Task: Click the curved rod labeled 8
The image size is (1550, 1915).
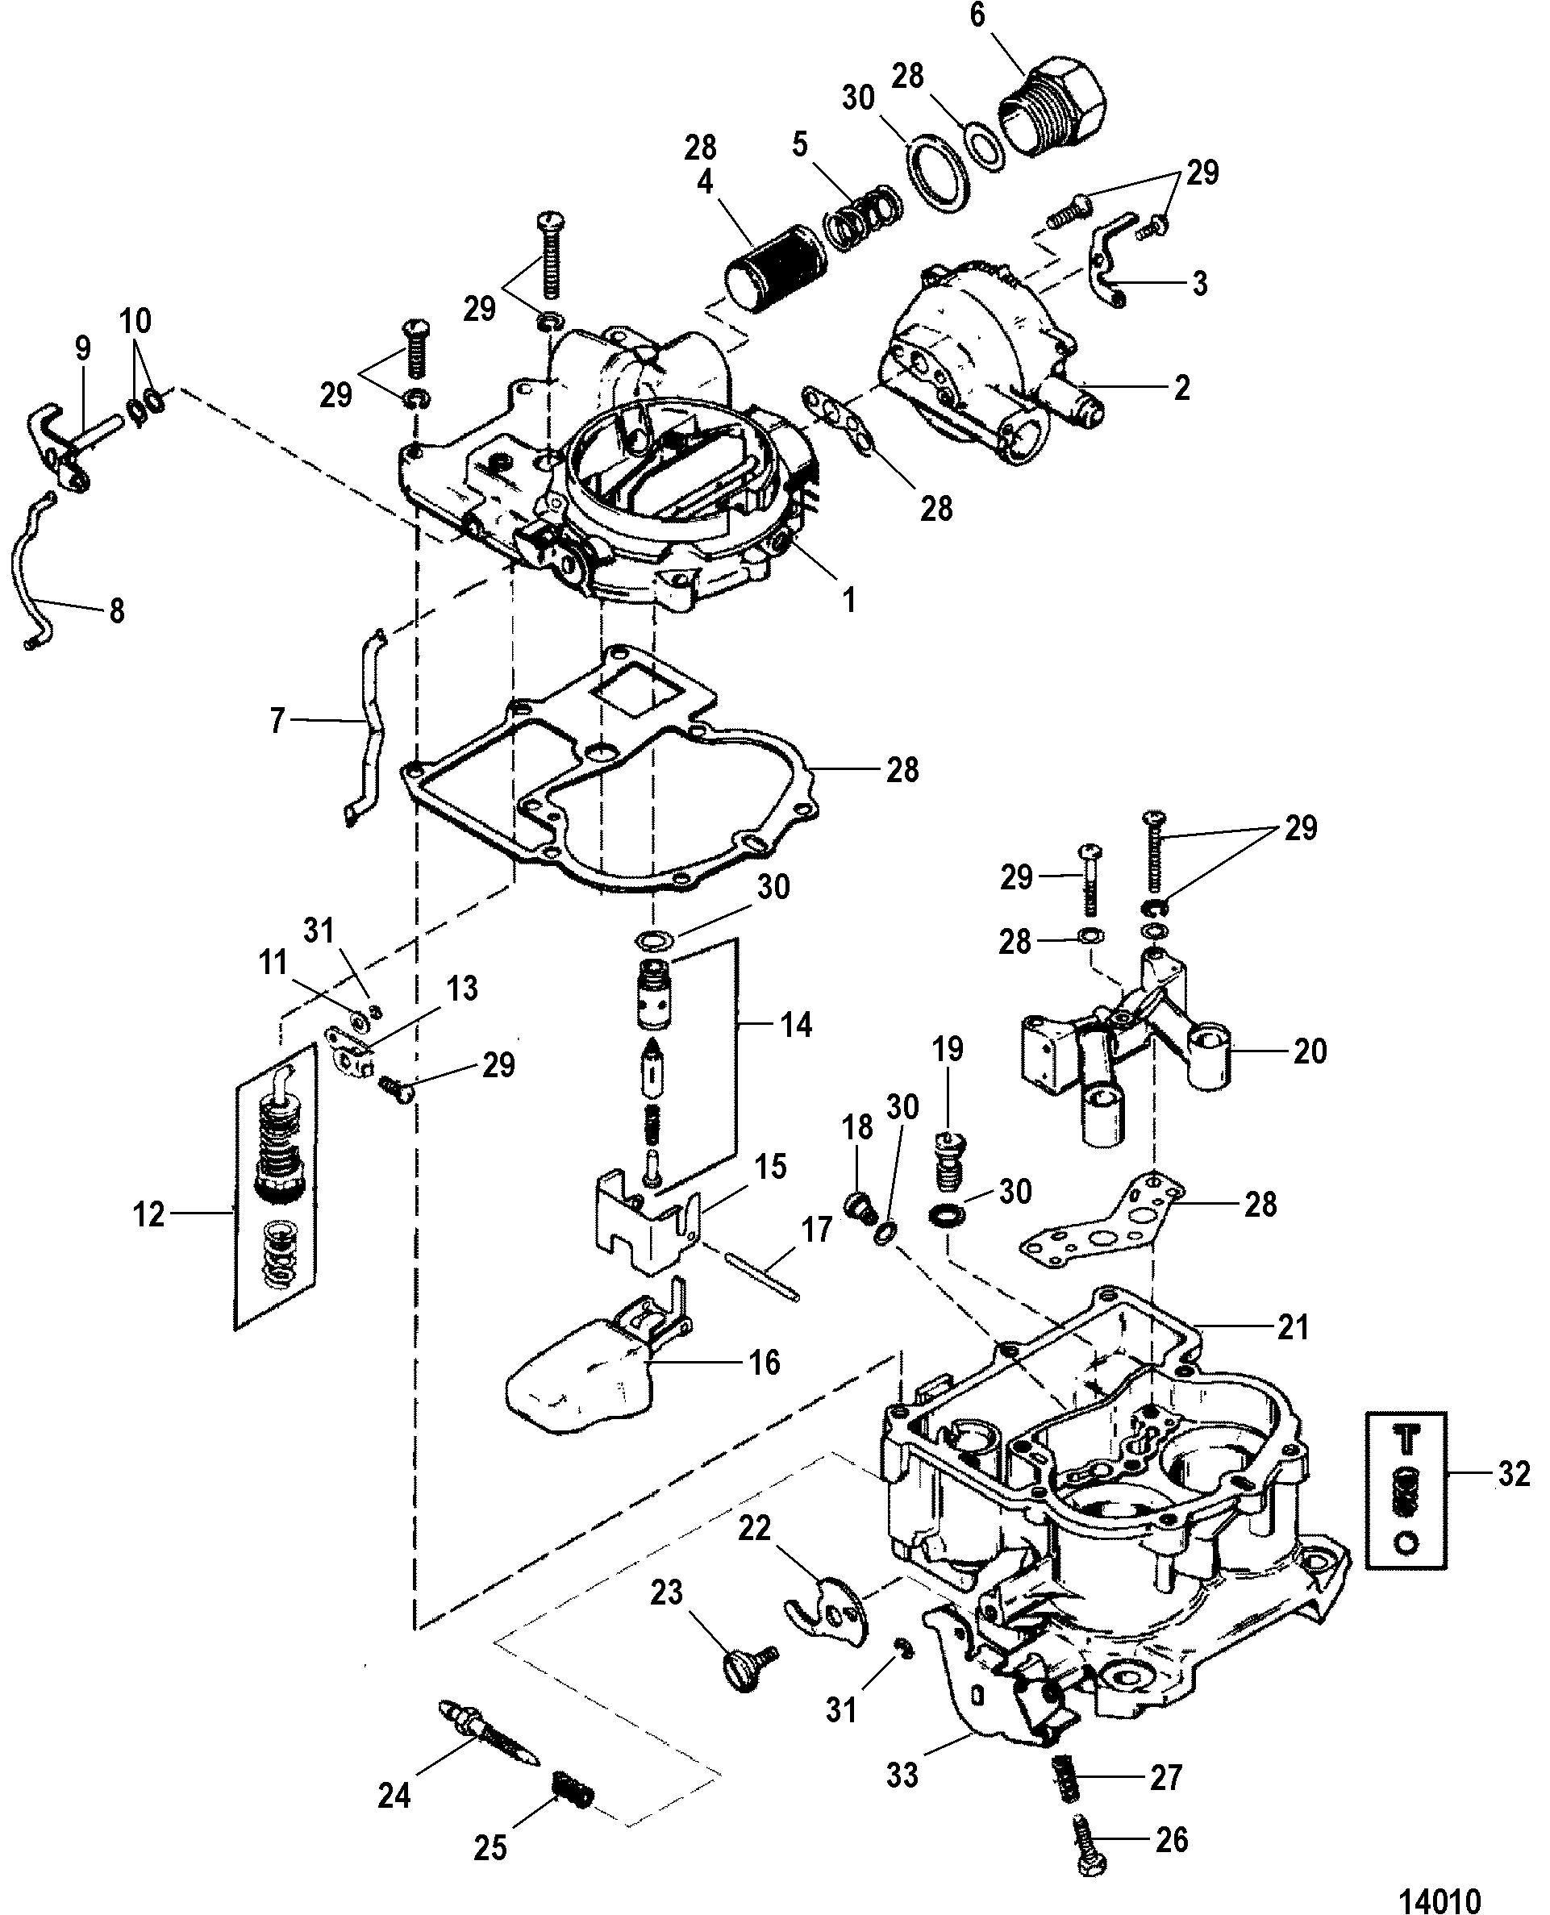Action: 27,572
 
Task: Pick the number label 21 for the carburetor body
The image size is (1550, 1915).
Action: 1292,1351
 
